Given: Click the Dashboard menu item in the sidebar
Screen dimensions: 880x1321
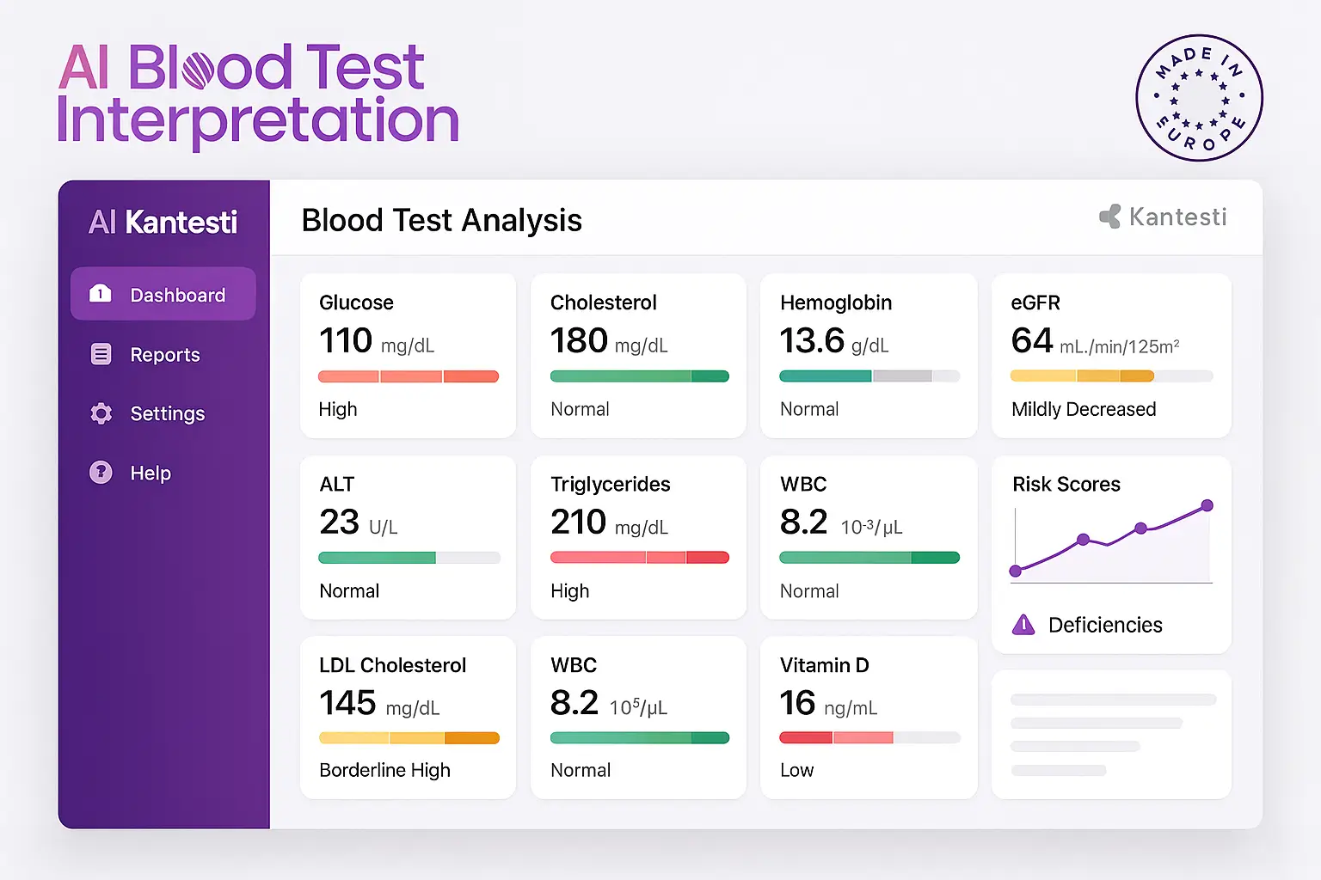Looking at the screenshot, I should pos(163,295).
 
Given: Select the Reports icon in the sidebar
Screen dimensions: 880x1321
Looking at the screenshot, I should pos(101,354).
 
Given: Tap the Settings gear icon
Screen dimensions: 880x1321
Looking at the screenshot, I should pos(101,413).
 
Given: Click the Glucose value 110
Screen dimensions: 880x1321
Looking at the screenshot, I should pos(346,341).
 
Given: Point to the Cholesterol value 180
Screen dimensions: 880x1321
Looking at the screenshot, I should pos(579,341).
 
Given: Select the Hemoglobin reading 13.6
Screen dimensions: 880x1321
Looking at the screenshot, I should pos(812,341).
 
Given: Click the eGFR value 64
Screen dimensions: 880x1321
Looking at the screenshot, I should pos(1032,341).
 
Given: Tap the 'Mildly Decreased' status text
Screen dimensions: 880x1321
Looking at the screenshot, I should pos(1084,409).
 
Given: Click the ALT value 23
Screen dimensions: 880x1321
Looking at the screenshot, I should pos(339,522).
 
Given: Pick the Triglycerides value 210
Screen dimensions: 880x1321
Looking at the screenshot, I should pos(579,522).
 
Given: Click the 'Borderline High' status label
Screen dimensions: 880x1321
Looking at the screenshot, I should pos(384,770).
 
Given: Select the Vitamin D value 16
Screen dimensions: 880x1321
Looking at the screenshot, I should pos(797,703).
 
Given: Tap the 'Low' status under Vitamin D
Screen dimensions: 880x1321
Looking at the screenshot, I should pos(796,770).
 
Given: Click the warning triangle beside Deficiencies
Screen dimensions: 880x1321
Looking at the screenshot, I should pos(1023,625).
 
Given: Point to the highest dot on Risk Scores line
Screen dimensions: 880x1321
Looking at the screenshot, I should pos(1207,505).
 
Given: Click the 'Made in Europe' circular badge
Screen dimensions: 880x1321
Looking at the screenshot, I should pos(1199,98).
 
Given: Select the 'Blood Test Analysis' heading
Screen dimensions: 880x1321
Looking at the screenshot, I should pos(442,221).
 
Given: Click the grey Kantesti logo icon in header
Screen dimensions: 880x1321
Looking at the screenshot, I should pos(1110,217).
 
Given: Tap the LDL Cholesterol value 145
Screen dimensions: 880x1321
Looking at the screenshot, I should pos(347,703).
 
